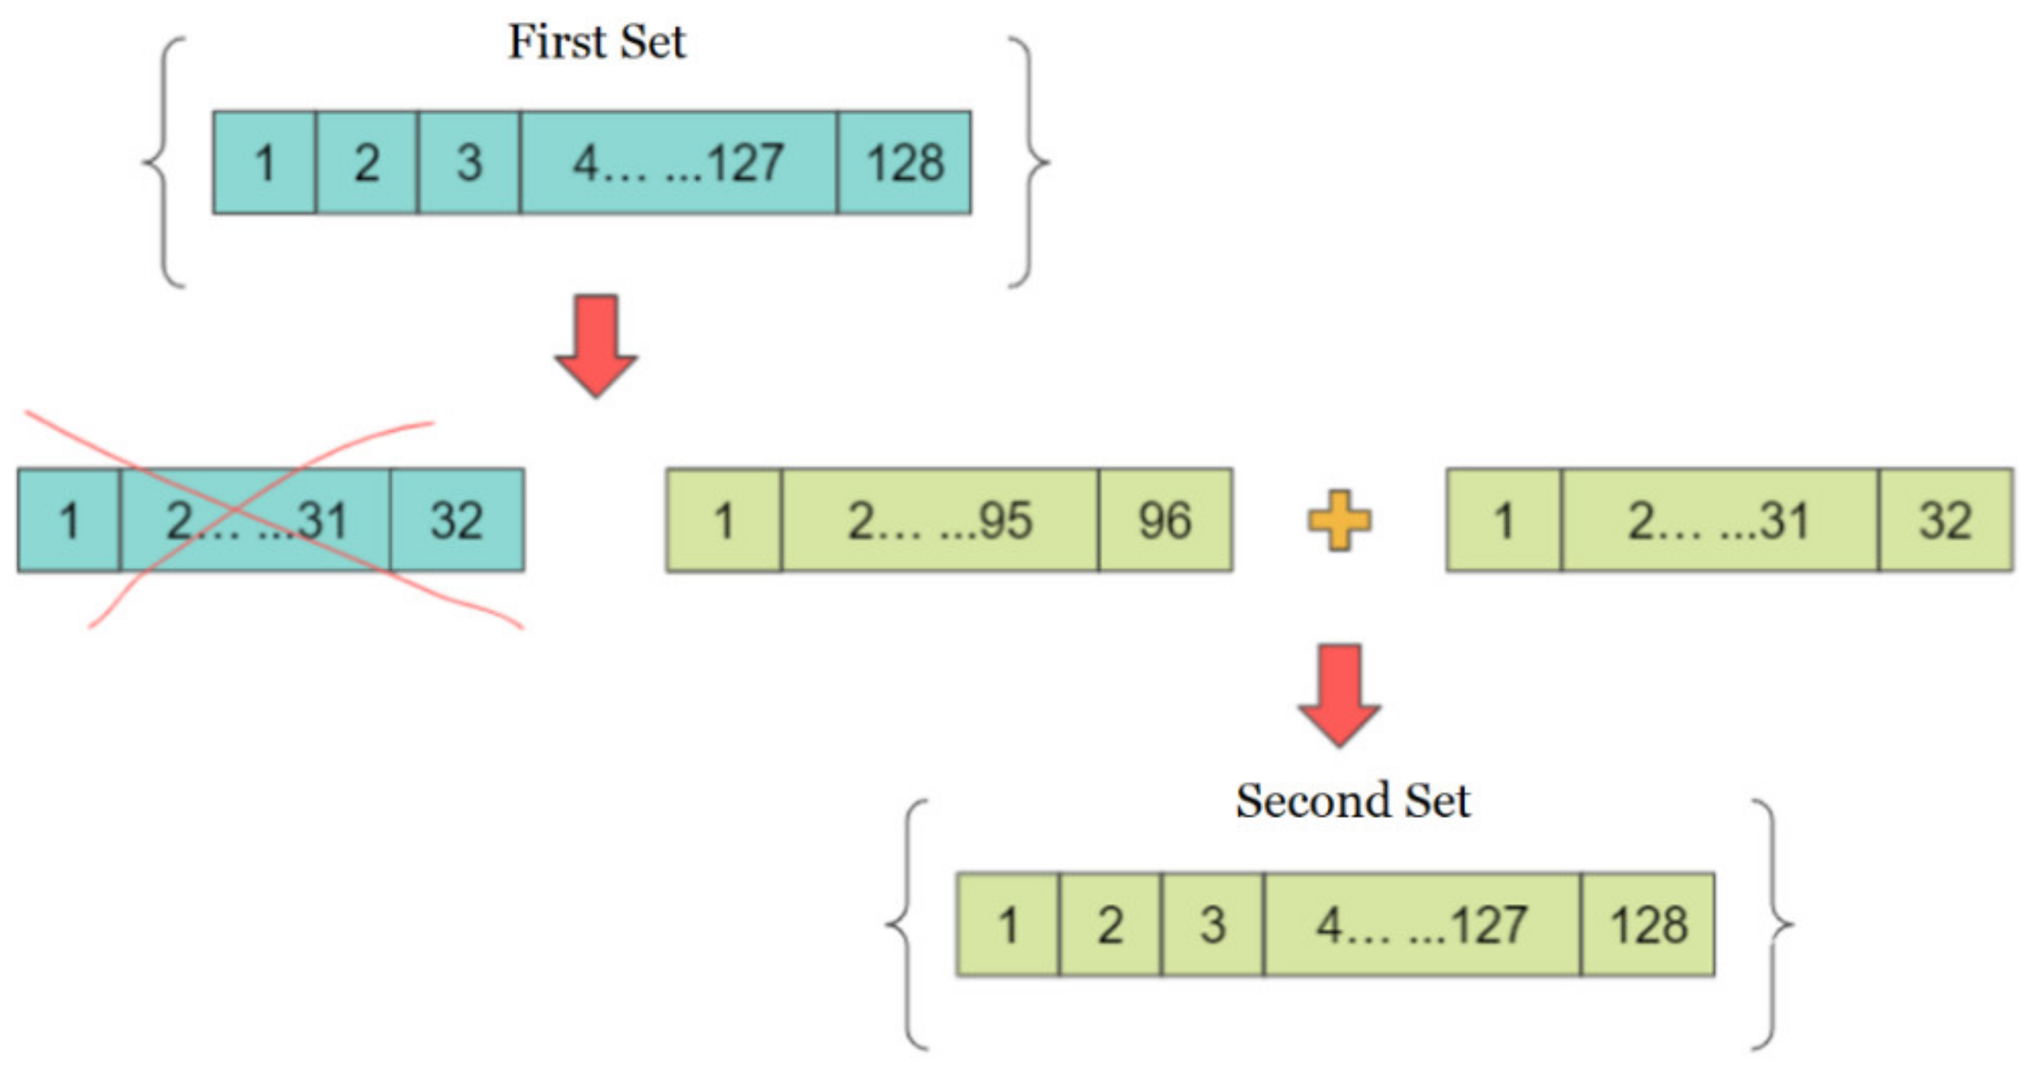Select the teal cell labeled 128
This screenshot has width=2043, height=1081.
point(904,163)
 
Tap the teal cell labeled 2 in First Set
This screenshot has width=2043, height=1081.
point(366,163)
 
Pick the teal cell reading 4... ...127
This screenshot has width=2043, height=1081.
point(678,163)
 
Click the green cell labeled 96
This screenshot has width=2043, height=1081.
point(1165,520)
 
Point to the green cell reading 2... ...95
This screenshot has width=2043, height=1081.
point(940,520)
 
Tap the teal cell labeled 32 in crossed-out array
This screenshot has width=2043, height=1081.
point(457,520)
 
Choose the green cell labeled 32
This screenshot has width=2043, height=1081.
point(1945,520)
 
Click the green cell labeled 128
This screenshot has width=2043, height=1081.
point(1648,925)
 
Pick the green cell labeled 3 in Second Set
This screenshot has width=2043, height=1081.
point(1213,925)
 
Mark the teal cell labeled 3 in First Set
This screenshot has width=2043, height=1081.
point(469,163)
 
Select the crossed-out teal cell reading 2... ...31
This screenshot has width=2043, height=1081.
point(255,520)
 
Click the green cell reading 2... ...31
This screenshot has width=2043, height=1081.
point(1720,520)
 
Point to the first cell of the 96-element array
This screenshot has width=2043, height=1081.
point(723,520)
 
